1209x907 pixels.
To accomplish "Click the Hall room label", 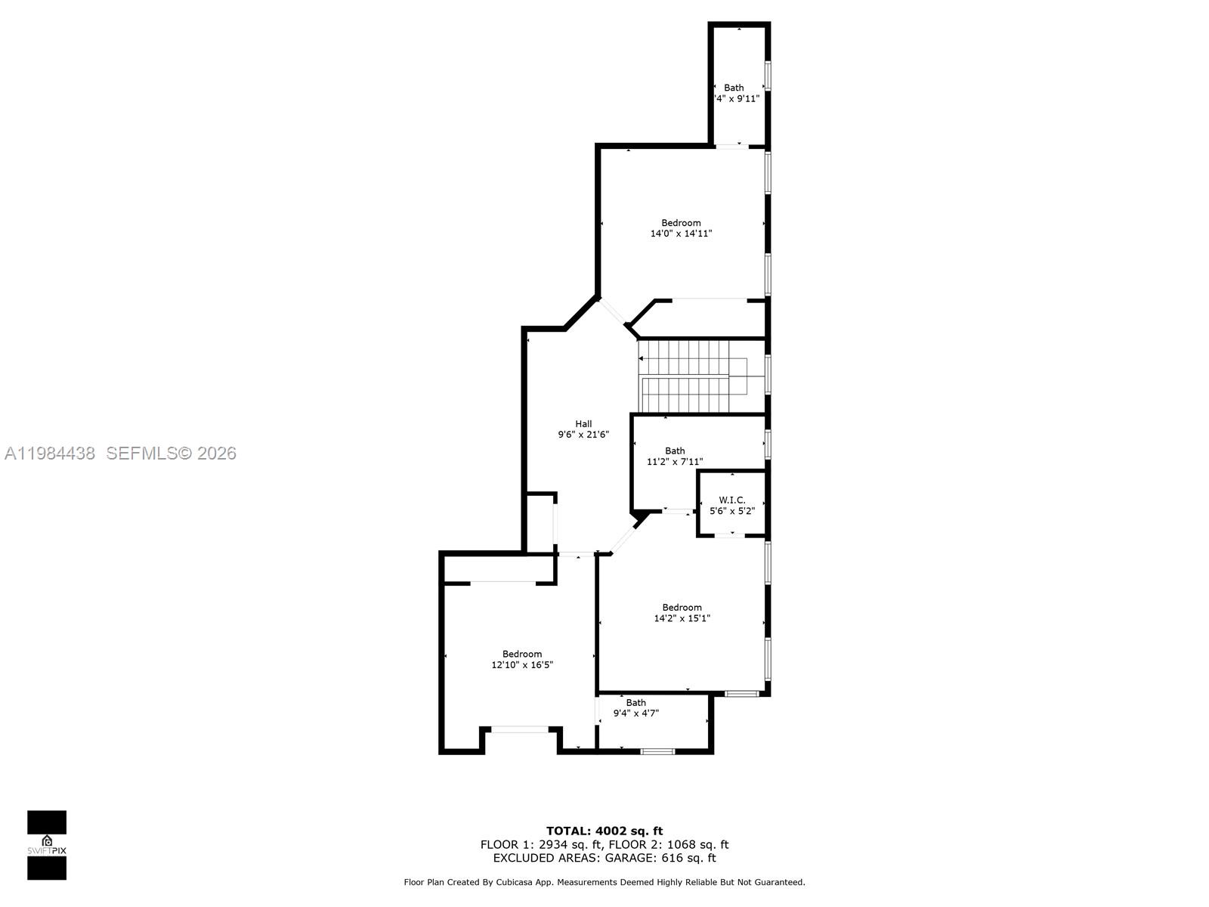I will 583,424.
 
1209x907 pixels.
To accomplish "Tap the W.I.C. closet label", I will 731,500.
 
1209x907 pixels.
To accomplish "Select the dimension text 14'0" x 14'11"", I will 681,234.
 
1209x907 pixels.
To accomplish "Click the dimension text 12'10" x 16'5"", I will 522,665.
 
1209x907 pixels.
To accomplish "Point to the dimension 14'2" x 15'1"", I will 682,618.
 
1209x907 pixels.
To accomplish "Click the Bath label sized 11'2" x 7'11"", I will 675,451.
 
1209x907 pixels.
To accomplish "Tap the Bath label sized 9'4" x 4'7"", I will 635,703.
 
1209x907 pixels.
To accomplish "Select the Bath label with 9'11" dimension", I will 734,88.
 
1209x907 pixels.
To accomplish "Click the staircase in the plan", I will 691,376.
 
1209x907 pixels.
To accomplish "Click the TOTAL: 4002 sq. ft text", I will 604,831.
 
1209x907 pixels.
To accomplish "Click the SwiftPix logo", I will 47,845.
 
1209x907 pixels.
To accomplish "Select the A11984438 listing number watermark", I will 50,453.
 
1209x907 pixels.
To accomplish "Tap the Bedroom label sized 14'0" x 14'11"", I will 681,223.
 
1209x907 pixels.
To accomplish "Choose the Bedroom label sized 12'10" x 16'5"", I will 522,655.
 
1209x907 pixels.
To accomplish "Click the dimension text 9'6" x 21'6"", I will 583,435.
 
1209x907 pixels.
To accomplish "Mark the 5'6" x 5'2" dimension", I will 731,511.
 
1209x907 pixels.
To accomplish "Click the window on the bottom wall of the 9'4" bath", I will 657,751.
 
